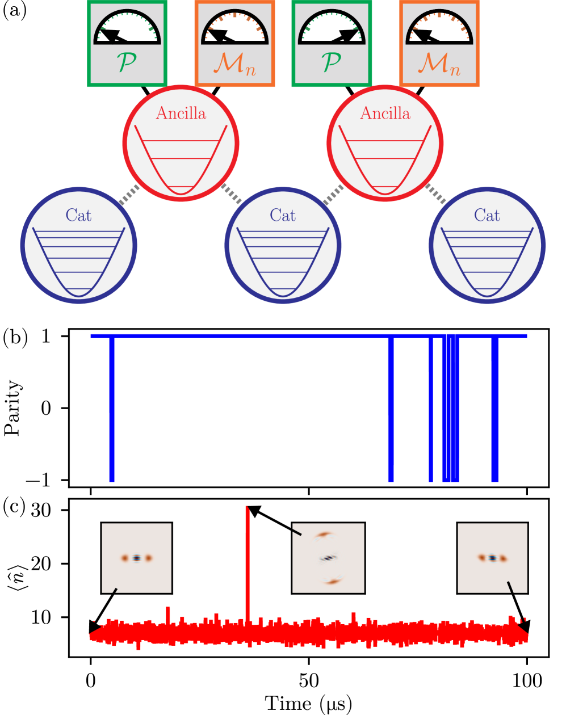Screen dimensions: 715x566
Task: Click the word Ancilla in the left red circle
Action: point(181,113)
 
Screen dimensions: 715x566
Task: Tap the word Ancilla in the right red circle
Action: point(385,113)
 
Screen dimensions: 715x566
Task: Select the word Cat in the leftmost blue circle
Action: point(78,215)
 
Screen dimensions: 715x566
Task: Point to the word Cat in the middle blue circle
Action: point(283,215)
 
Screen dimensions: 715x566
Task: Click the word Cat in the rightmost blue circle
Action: point(487,215)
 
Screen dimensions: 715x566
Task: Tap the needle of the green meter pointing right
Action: point(347,36)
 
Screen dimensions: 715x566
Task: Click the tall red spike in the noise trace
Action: point(247,562)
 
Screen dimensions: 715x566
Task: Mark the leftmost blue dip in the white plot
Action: point(112,409)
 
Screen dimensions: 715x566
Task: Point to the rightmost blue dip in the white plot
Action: point(494,409)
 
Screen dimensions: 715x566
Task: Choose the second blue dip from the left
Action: point(391,409)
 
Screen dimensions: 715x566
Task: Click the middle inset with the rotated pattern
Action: point(328,558)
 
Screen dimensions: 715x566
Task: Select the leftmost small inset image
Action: point(136,558)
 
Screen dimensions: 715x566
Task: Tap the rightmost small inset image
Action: point(492,558)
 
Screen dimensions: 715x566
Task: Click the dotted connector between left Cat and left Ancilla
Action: point(129,195)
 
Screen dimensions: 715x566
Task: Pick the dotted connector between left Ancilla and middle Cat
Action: point(232,193)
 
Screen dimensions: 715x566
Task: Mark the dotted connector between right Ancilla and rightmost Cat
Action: point(435,194)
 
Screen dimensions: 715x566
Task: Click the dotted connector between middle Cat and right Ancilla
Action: point(333,195)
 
